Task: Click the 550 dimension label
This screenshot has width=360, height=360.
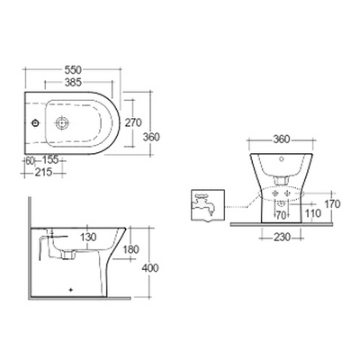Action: (x=73, y=69)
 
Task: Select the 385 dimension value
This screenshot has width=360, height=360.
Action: (x=73, y=82)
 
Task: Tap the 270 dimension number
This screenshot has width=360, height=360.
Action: (x=133, y=122)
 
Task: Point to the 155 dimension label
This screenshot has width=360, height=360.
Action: (x=49, y=160)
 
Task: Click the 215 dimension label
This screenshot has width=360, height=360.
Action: (x=44, y=173)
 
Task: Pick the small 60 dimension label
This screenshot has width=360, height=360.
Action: (x=30, y=161)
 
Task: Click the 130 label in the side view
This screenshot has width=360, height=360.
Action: (x=88, y=237)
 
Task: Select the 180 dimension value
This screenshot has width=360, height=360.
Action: (x=130, y=249)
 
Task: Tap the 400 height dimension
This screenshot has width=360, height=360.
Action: (x=149, y=268)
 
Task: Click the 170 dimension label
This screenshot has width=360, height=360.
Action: (x=332, y=204)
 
